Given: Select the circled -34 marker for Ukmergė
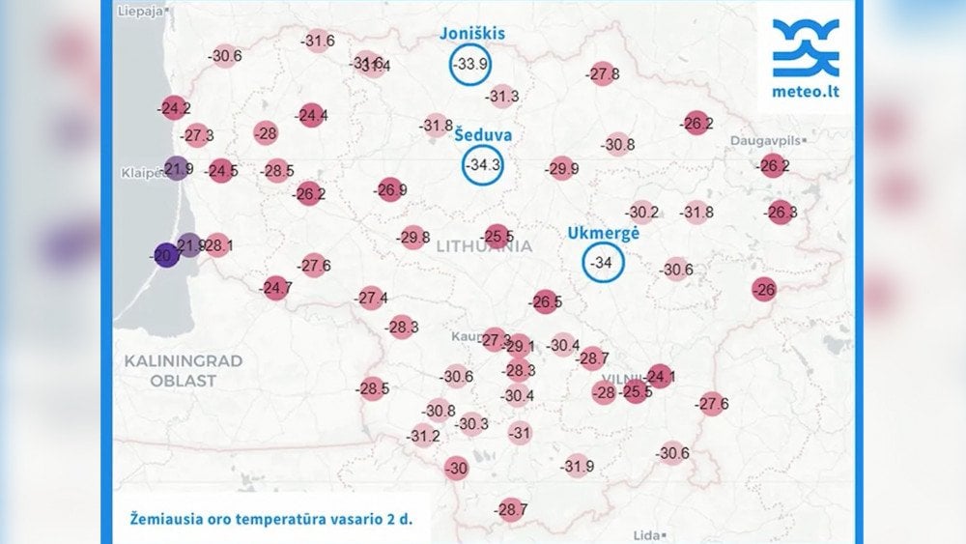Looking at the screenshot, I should [x=604, y=263].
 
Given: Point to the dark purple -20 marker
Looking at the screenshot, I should [x=166, y=255].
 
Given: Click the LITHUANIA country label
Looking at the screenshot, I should [x=484, y=246].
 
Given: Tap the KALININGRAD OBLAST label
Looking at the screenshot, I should [x=184, y=370].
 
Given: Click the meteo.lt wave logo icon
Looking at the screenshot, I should [x=806, y=48].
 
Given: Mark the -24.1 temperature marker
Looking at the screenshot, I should [x=661, y=376].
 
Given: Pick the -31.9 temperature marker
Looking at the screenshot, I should [x=577, y=467].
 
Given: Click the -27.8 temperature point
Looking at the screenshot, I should [x=603, y=74].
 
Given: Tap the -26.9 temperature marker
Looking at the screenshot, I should [x=390, y=190].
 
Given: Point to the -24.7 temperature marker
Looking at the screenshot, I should [x=276, y=287].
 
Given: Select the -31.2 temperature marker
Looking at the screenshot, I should [x=423, y=436].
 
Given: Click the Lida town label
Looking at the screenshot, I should [x=645, y=534].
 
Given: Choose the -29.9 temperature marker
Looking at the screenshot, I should [x=561, y=169].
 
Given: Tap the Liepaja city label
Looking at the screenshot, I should [x=140, y=13].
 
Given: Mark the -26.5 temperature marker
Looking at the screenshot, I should [x=546, y=302].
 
